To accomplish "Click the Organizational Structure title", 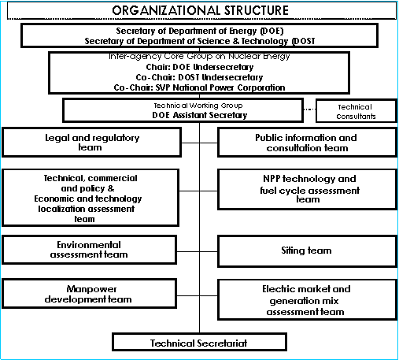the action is click(201, 10).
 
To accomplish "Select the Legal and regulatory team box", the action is click(91, 143).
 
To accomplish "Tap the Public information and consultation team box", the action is click(307, 143).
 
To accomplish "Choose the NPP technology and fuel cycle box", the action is click(307, 189).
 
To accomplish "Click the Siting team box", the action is click(307, 251).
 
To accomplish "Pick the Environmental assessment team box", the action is click(89, 250).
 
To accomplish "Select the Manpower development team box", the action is click(89, 294).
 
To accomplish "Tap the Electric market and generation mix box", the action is click(307, 300).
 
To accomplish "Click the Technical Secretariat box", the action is click(199, 342).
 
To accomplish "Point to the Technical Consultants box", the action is click(357, 110).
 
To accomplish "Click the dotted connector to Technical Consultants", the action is click(309, 109).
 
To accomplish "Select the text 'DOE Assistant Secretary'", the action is click(200, 115).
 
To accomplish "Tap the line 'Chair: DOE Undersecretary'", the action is click(200, 67).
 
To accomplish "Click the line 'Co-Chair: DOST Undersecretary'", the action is click(199, 77).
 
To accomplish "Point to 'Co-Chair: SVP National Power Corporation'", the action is click(199, 87).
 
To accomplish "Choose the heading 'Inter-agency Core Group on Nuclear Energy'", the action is click(199, 56).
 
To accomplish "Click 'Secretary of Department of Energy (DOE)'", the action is click(200, 31).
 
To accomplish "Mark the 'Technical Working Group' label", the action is click(198, 106).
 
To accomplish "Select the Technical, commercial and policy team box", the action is click(91, 198).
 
